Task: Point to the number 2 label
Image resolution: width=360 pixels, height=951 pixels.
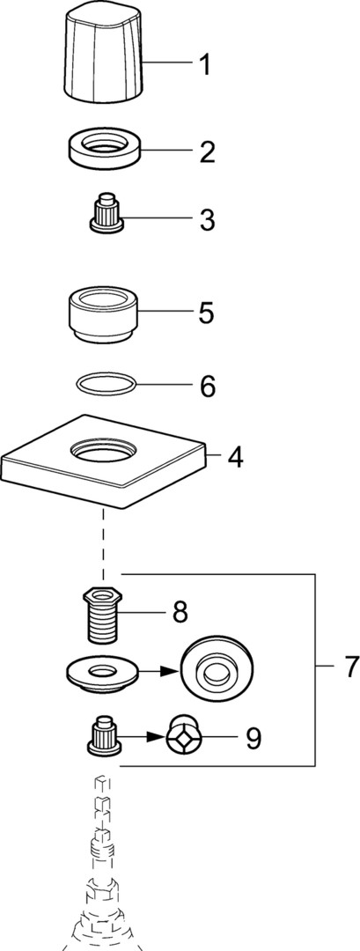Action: (207, 151)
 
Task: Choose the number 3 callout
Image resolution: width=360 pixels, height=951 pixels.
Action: (207, 220)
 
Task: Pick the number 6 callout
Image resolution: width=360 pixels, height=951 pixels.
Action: (207, 387)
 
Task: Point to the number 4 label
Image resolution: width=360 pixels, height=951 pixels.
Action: (236, 457)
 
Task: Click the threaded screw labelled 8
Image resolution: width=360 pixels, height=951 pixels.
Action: (104, 616)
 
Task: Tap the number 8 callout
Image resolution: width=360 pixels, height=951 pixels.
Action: (180, 613)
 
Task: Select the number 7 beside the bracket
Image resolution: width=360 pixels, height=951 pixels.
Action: (351, 667)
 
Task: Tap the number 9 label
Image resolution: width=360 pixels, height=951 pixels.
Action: (253, 738)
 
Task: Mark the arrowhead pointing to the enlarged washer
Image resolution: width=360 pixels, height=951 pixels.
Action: (173, 671)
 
